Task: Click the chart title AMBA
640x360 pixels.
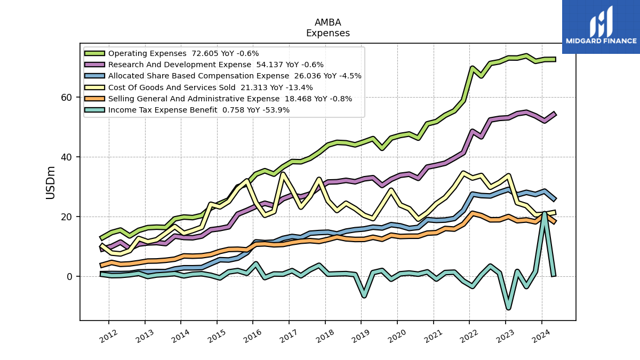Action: pyautogui.click(x=327, y=22)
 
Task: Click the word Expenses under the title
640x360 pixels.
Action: pyautogui.click(x=327, y=33)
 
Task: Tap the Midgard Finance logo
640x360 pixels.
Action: pyautogui.click(x=601, y=27)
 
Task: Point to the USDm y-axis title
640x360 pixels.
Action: pyautogui.click(x=50, y=182)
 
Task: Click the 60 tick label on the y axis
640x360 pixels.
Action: pyautogui.click(x=66, y=98)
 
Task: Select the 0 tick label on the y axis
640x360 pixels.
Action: pyautogui.click(x=69, y=277)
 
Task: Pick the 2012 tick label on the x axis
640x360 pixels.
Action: pyautogui.click(x=109, y=336)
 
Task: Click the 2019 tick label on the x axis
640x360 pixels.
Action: pyautogui.click(x=361, y=336)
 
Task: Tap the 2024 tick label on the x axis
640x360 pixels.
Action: pyautogui.click(x=541, y=336)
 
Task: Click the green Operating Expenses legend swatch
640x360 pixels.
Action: pyautogui.click(x=94, y=53)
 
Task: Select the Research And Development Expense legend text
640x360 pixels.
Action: pyautogui.click(x=179, y=65)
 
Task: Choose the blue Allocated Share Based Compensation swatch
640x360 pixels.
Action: pyautogui.click(x=94, y=76)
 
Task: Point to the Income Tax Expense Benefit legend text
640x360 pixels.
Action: pyautogui.click(x=163, y=110)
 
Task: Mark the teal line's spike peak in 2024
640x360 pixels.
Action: pyautogui.click(x=545, y=213)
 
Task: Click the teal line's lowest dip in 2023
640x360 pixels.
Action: pyautogui.click(x=509, y=308)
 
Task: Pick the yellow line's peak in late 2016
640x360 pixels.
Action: pyautogui.click(x=283, y=174)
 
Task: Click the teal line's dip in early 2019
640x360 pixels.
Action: pyautogui.click(x=364, y=296)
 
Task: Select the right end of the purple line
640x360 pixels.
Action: pyautogui.click(x=555, y=114)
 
